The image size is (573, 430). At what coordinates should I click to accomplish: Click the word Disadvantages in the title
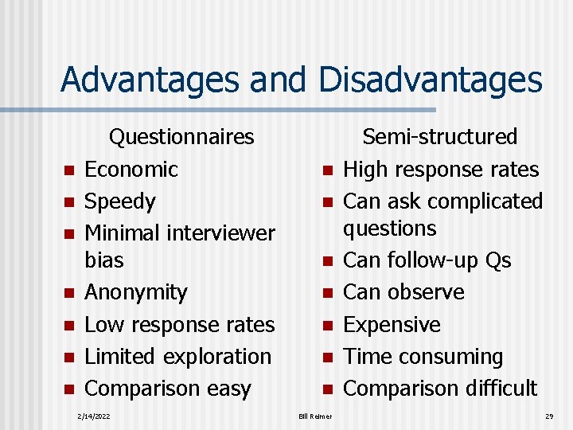pos(430,80)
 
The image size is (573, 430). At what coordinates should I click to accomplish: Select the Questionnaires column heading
pos(181,137)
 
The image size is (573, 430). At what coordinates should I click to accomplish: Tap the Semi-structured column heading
pos(439,137)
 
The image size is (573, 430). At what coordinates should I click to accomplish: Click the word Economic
pos(131,170)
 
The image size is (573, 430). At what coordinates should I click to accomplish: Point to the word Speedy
pos(120,201)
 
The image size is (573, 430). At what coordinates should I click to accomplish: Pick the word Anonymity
pos(136,292)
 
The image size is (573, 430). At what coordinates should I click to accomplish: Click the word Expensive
pos(392,325)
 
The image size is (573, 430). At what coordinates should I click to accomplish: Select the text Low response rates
pos(179,325)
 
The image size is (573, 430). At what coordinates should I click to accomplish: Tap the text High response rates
pos(441,170)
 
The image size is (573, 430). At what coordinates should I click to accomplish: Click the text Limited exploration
pos(177,357)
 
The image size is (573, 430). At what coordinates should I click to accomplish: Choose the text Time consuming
pos(423,357)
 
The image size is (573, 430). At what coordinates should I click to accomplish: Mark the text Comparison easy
pos(168,389)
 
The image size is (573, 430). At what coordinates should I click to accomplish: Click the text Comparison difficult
pos(440,389)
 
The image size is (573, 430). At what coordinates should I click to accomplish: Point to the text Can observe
pos(403,292)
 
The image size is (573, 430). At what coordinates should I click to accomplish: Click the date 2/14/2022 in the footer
pos(92,416)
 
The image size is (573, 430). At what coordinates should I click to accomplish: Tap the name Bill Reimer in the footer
pos(316,416)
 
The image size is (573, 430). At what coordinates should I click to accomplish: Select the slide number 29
pos(549,416)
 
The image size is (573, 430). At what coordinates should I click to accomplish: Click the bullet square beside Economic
pos(69,170)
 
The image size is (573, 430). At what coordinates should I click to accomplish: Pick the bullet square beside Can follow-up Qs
pos(326,261)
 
